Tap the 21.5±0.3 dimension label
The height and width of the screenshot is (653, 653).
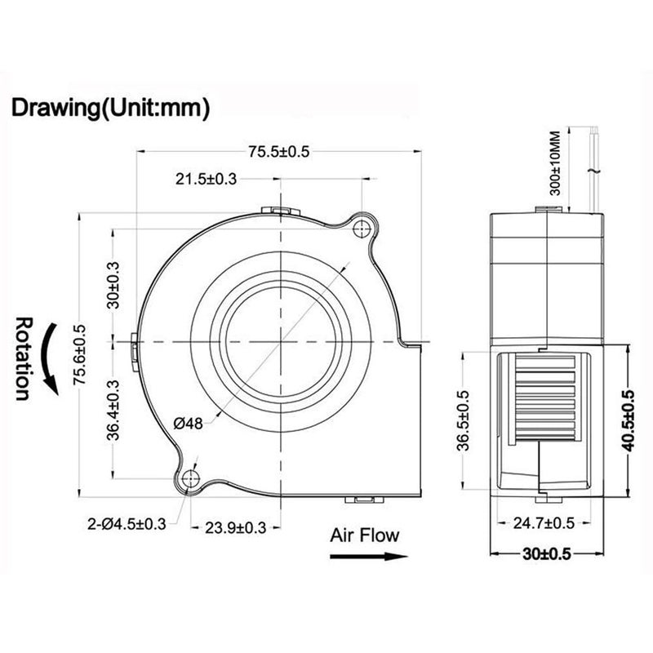[x=205, y=180]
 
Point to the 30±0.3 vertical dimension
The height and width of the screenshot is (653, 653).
[x=113, y=285]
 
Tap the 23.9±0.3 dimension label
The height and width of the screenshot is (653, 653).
[x=235, y=527]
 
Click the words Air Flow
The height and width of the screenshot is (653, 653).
[x=365, y=535]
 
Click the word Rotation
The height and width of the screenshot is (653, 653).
[x=24, y=358]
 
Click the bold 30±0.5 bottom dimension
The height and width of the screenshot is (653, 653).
[x=545, y=554]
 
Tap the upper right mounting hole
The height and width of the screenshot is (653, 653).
[x=360, y=230]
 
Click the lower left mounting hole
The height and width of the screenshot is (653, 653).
[x=192, y=478]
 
